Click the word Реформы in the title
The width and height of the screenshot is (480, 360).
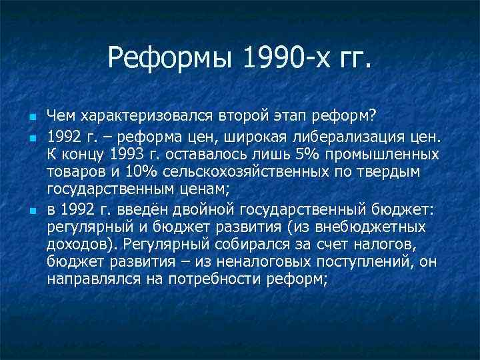(166, 63)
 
